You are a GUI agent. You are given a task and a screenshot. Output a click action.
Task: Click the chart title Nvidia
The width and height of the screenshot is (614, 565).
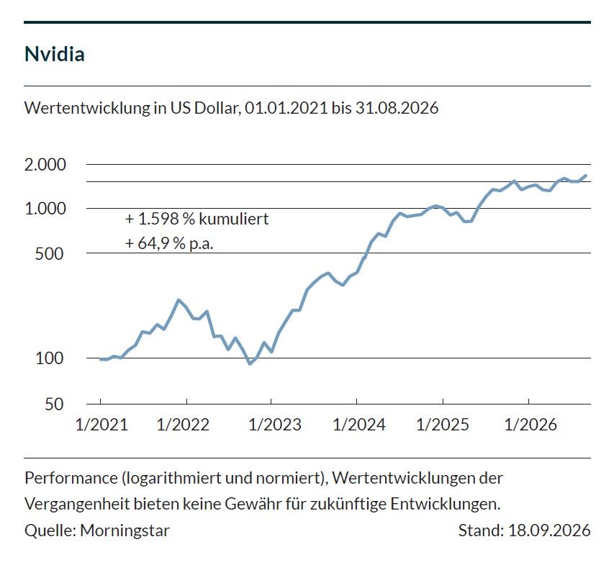(x=55, y=54)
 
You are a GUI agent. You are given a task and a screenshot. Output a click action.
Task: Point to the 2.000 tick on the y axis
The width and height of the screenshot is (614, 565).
(x=45, y=164)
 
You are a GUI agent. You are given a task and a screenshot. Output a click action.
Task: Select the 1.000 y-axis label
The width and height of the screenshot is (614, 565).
(x=45, y=209)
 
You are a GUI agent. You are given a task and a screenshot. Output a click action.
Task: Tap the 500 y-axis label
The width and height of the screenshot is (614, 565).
(x=50, y=254)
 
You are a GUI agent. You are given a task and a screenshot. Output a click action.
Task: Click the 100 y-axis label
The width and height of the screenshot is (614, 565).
(x=50, y=358)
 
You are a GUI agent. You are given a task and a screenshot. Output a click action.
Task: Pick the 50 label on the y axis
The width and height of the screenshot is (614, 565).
(x=54, y=404)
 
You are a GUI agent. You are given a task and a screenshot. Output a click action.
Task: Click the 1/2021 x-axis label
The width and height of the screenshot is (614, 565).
(x=101, y=425)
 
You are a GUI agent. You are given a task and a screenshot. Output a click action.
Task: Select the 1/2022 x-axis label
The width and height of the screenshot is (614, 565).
(x=184, y=425)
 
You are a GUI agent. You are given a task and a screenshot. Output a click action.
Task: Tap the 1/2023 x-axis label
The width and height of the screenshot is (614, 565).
(x=275, y=425)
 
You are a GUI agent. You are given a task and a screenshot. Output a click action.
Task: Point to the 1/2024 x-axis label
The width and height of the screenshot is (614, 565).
(x=359, y=425)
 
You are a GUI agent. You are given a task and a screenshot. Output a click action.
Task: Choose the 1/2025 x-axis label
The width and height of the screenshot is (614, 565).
(x=443, y=425)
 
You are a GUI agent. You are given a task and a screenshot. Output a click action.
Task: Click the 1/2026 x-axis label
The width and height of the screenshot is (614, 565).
(x=531, y=425)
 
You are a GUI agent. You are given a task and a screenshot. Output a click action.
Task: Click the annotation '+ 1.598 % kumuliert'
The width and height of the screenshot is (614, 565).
(x=197, y=219)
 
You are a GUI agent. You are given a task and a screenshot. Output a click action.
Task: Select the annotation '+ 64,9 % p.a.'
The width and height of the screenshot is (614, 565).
(x=169, y=243)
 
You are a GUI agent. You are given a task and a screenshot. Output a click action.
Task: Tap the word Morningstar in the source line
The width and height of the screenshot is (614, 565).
(x=125, y=530)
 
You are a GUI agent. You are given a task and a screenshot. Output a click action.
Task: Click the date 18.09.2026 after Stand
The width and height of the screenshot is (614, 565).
(x=549, y=530)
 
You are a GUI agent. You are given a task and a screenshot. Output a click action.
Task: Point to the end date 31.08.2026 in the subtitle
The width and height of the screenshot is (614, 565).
(x=397, y=108)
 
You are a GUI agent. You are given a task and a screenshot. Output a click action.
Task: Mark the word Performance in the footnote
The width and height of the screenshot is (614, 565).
(x=71, y=478)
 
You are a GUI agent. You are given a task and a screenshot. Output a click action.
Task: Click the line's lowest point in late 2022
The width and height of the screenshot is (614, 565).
(x=250, y=363)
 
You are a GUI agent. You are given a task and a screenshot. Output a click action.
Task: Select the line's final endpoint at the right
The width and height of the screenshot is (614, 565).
(x=586, y=176)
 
